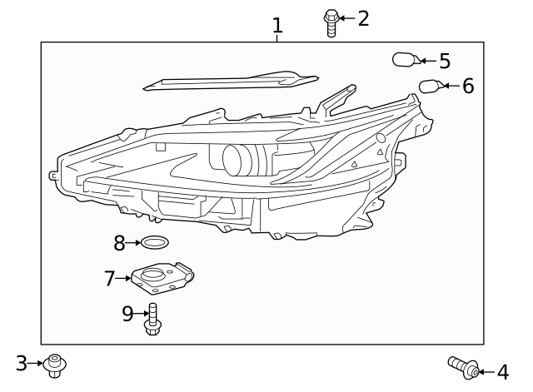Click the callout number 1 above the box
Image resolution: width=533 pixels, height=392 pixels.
(277, 27)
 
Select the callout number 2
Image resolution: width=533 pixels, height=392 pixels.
(363, 17)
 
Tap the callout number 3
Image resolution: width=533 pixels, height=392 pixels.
(22, 363)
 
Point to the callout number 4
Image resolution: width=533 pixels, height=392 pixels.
(502, 371)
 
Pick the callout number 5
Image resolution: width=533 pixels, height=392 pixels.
(444, 61)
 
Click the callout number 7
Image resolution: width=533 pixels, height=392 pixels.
(109, 278)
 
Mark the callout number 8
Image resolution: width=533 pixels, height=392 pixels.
(120, 243)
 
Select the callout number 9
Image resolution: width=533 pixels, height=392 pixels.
(127, 313)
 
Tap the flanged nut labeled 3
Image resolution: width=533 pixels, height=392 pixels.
(55, 365)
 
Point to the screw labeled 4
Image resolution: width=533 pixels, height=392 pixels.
(463, 366)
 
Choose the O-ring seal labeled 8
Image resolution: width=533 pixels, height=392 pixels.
(155, 243)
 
